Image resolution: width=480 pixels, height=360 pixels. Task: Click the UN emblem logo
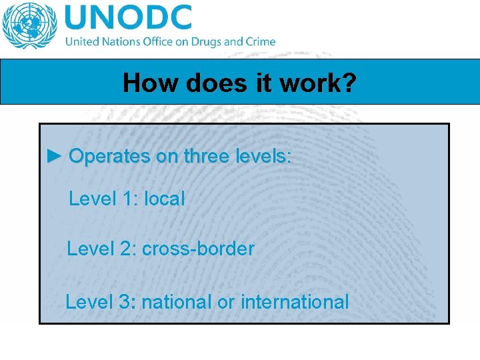click(30, 25)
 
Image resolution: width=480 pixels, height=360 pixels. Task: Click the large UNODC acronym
click(129, 18)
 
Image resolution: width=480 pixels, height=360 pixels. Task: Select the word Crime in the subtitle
click(260, 41)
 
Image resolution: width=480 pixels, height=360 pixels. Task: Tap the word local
click(165, 198)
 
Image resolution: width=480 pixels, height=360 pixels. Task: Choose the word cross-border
click(198, 249)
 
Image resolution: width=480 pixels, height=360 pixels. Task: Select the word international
click(294, 302)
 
